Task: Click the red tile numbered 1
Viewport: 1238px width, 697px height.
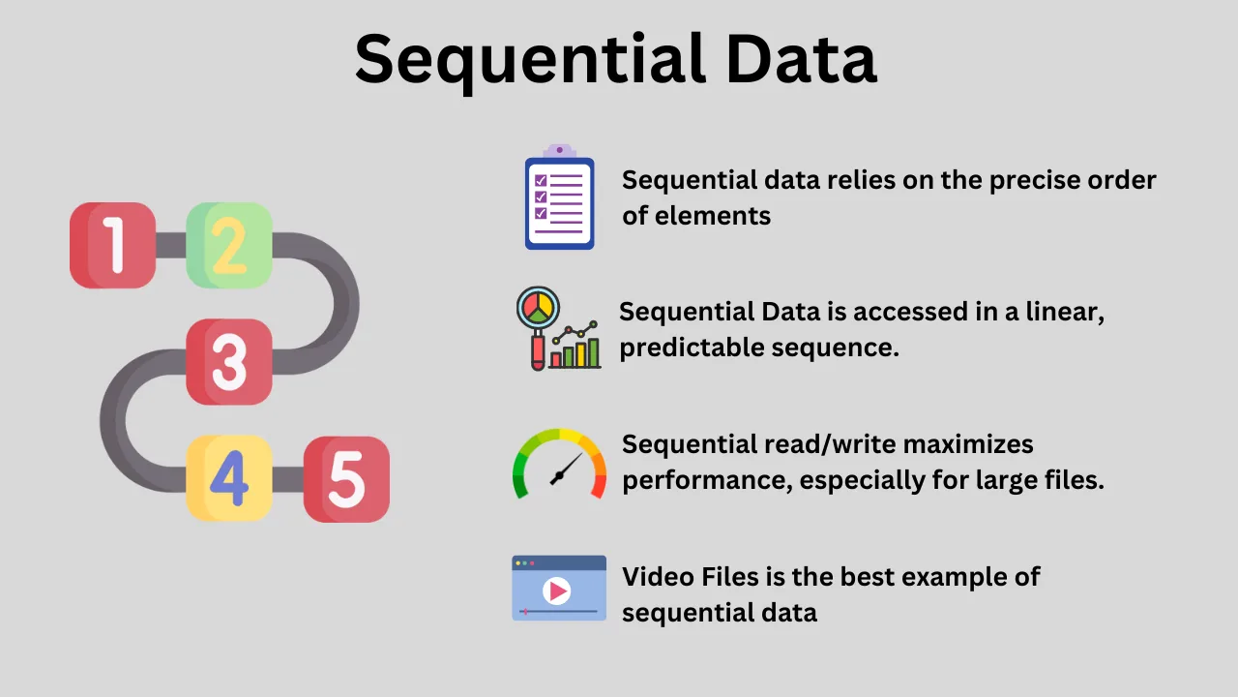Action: point(113,245)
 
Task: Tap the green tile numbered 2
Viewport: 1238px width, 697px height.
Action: point(229,245)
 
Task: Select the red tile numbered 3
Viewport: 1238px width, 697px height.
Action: point(229,361)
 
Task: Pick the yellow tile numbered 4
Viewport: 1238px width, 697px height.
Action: point(229,478)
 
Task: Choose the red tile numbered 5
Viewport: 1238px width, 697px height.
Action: point(346,479)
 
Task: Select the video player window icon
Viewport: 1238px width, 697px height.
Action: point(559,588)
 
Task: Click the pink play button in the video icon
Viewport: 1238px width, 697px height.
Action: point(557,590)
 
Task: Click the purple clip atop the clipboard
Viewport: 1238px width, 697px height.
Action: point(559,151)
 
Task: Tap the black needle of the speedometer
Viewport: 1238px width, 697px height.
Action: point(566,470)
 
